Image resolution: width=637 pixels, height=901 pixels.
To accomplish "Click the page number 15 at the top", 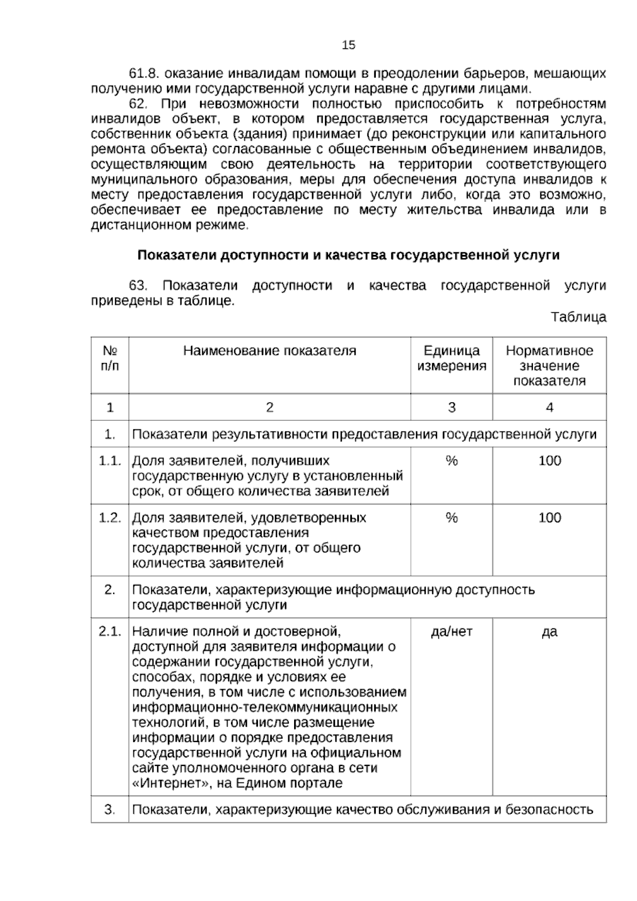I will (x=349, y=45).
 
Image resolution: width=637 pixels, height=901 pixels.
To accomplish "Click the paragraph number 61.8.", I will (x=144, y=73).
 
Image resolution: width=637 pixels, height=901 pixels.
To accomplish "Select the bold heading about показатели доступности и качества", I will (x=348, y=255).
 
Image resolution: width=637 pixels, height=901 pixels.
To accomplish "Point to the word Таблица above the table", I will (x=578, y=318).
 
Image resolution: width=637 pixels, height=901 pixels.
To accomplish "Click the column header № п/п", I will (x=110, y=358).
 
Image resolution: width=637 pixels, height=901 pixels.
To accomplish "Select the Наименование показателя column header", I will (x=270, y=351).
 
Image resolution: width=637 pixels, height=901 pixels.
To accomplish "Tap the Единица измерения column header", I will (x=451, y=358).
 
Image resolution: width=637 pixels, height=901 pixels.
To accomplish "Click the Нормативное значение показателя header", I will (x=549, y=365).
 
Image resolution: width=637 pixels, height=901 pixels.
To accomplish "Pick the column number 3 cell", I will (x=451, y=407).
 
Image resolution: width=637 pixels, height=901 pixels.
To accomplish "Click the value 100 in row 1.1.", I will (x=549, y=461).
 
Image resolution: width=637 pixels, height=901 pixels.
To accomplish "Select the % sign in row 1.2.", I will (x=451, y=518).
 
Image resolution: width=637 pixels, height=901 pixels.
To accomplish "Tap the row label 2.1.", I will (x=110, y=632).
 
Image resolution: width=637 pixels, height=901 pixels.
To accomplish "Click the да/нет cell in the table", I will (x=451, y=632).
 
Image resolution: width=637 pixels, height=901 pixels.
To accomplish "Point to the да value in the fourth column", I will (x=549, y=632).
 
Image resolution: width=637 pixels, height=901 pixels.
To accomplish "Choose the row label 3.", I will (x=110, y=810).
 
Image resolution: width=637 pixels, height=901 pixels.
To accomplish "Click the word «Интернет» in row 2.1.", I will (x=169, y=783).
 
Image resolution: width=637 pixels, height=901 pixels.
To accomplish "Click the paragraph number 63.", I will (x=137, y=286).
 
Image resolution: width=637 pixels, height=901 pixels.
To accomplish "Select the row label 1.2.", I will (x=110, y=518).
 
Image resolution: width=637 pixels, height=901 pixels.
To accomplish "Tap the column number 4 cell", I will (x=549, y=407).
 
